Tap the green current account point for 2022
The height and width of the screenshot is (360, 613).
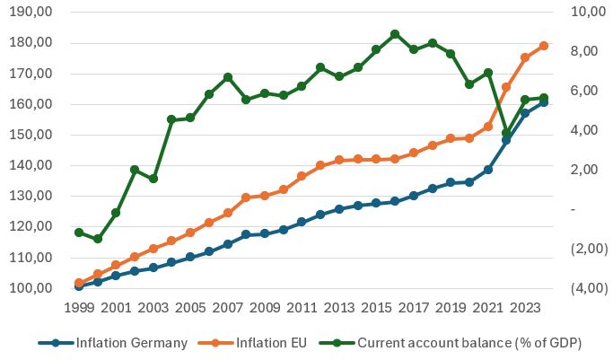[x=506, y=133]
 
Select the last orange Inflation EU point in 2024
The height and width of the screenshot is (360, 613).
[x=544, y=46]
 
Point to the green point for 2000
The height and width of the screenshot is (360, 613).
[x=97, y=239]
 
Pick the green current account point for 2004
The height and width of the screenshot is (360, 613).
[x=171, y=119]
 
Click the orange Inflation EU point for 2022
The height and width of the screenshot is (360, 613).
[x=506, y=87]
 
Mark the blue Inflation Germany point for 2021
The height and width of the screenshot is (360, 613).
[x=487, y=170]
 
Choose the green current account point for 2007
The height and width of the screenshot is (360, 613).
[x=228, y=77]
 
